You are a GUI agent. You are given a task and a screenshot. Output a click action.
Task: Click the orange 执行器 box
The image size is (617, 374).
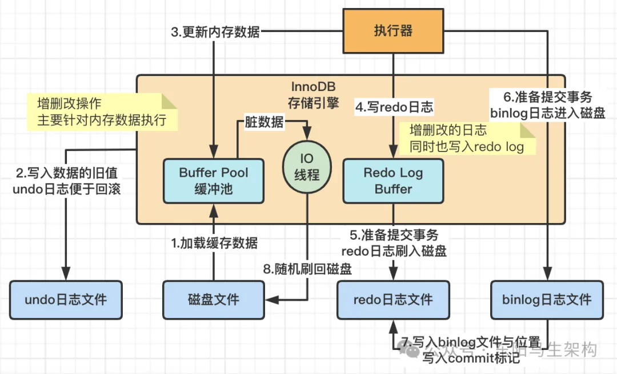[x=393, y=30]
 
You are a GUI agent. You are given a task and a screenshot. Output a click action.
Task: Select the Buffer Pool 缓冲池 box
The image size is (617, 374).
[x=214, y=181]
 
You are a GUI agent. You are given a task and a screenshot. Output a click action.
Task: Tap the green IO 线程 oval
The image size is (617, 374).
[x=307, y=166]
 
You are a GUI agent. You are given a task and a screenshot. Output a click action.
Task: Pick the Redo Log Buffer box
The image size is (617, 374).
[x=393, y=181]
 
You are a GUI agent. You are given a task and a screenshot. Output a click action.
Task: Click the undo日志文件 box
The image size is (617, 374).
[x=66, y=299]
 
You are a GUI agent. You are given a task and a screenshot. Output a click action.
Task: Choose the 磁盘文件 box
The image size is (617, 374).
[x=214, y=299]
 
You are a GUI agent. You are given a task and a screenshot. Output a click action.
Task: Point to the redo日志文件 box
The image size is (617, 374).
[x=393, y=299]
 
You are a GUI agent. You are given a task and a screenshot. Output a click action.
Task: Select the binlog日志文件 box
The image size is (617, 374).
[x=547, y=299]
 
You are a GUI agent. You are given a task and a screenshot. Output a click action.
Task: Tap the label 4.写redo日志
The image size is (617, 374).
[x=394, y=106]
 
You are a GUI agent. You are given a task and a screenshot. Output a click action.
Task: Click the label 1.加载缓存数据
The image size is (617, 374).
[x=215, y=243]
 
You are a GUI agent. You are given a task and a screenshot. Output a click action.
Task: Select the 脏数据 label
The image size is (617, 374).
[x=264, y=121]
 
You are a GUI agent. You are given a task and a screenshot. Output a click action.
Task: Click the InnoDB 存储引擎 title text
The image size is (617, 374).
[x=313, y=96]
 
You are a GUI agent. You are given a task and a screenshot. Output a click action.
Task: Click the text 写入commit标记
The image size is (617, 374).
[x=471, y=359]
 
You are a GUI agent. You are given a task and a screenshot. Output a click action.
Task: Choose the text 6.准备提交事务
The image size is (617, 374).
[x=547, y=96]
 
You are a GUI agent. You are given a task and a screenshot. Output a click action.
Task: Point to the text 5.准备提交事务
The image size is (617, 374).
[x=394, y=235]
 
